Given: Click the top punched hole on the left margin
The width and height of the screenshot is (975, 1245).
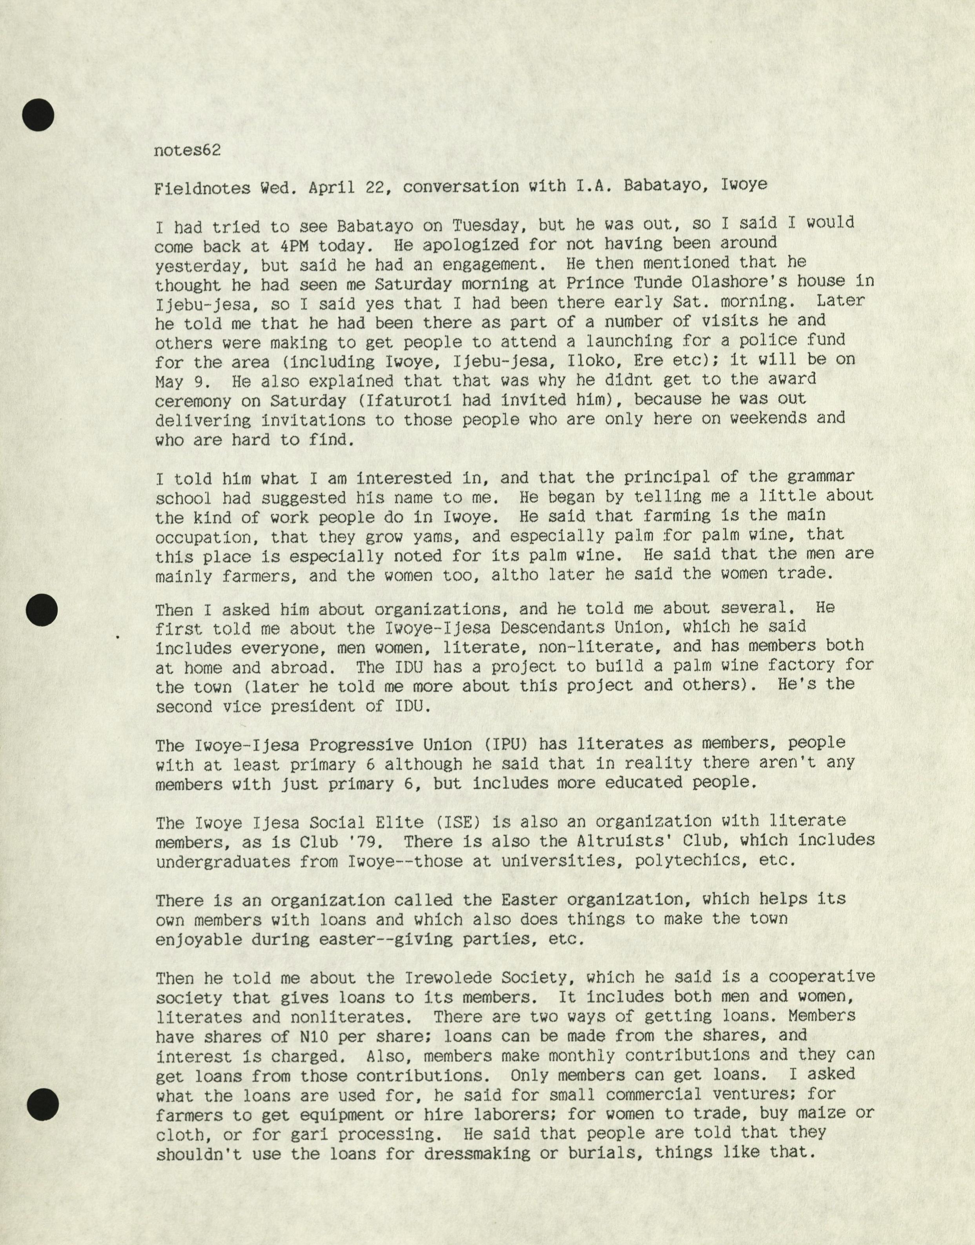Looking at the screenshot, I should (38, 115).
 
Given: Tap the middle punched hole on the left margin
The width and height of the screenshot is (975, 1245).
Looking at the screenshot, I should (42, 610).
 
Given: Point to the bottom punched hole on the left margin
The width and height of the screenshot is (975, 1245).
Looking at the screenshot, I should (42, 1103).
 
